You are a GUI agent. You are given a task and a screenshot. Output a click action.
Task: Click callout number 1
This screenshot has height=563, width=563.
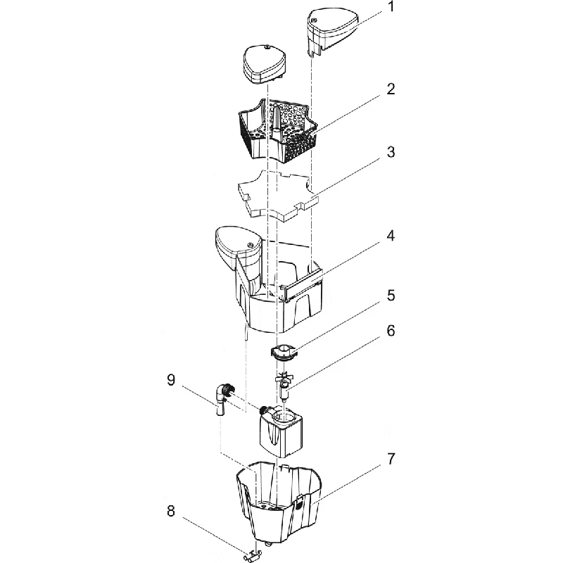point(391,7)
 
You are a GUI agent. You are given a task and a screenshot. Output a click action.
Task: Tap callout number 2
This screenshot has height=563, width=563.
point(391,89)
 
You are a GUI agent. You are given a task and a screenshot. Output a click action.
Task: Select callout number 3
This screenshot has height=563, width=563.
point(391,152)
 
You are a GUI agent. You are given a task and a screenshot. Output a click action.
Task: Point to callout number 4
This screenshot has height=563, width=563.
point(391,236)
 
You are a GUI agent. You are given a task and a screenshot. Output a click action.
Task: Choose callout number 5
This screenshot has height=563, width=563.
point(391,296)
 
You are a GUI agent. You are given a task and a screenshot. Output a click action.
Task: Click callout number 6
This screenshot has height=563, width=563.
point(391,331)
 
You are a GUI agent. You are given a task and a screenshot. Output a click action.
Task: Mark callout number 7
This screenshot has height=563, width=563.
point(391,459)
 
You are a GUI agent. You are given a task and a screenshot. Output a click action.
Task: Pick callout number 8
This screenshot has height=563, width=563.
point(171,511)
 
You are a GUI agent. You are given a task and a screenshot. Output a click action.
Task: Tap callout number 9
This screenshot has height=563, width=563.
point(171,380)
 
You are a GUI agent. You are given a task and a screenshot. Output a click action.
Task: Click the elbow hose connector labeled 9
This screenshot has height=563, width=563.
point(222,398)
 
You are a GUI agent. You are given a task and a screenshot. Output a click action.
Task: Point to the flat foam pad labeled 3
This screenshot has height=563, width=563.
point(277,194)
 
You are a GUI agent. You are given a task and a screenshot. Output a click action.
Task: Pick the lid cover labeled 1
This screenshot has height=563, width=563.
point(332,30)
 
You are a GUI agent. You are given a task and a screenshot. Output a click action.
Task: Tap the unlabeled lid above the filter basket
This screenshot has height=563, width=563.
point(264,65)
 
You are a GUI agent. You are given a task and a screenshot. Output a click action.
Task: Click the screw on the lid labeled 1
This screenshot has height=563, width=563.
point(313,20)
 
